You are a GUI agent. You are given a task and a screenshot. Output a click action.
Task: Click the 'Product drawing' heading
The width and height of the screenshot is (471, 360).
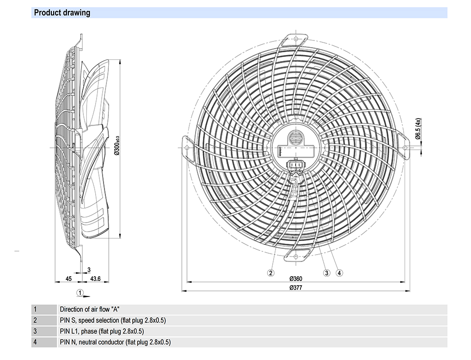coord(62,13)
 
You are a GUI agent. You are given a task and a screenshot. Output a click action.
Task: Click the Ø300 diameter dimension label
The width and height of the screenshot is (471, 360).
coord(117,146)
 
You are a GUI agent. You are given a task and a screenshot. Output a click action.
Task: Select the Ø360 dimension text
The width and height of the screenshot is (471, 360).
coord(295,279)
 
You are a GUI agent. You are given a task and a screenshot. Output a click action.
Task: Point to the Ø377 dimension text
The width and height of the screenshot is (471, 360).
coord(295,288)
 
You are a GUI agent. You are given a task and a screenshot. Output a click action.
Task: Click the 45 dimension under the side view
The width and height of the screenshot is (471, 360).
coord(68,279)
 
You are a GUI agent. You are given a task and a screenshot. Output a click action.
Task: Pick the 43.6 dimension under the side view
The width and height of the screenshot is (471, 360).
coord(96,279)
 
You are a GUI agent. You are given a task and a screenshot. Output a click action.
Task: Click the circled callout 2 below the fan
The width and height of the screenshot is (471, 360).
coord(271,272)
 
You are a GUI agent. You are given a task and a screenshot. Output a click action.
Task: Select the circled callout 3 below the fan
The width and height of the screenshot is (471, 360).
coord(326,272)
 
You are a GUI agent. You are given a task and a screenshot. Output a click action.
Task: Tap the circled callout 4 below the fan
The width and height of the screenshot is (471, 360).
coord(339,272)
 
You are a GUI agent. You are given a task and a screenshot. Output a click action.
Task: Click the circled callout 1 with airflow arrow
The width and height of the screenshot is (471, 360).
coord(81,293)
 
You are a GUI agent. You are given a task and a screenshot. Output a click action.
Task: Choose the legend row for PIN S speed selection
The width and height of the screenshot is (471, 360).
coord(113,320)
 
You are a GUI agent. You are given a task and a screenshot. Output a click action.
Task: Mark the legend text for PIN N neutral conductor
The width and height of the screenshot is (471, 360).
coord(115,342)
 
